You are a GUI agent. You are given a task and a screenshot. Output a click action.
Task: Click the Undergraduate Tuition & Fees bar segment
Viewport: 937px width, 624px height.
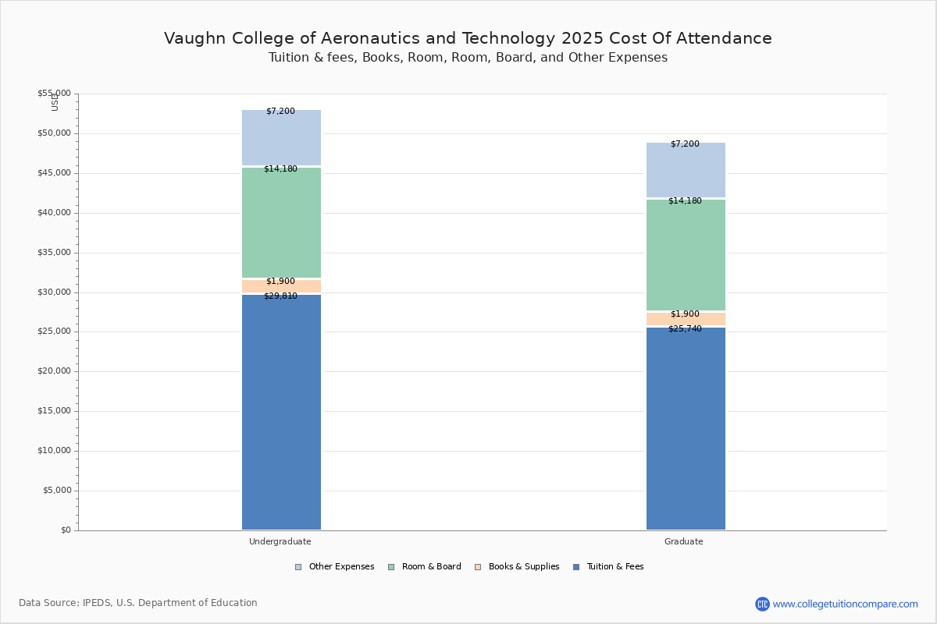click(281, 413)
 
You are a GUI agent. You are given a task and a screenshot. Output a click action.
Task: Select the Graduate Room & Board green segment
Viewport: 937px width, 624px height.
click(686, 256)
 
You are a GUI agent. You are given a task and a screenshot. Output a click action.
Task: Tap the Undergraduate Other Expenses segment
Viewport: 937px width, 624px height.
click(281, 139)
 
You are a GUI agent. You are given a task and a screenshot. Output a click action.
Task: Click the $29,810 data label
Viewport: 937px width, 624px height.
click(280, 296)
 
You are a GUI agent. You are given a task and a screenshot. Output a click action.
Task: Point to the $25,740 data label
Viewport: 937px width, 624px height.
click(685, 329)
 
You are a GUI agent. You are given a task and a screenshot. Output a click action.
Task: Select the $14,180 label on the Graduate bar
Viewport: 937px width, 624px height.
click(685, 201)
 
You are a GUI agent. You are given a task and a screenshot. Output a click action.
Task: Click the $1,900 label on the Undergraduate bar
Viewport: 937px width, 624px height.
click(280, 282)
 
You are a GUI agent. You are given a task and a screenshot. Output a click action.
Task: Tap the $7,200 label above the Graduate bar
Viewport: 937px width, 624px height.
click(685, 144)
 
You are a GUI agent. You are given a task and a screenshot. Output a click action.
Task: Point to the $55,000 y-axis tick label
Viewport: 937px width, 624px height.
click(54, 94)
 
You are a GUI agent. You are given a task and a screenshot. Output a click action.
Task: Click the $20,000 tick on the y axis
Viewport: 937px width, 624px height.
click(54, 371)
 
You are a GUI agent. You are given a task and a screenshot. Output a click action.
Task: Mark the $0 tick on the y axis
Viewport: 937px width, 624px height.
click(65, 530)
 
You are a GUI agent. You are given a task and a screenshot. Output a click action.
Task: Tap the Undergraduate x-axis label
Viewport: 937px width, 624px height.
click(280, 541)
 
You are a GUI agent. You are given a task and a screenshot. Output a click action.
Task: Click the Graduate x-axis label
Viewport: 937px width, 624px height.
click(684, 541)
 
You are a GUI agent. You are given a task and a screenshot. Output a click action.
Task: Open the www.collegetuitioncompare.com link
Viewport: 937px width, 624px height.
click(845, 604)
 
